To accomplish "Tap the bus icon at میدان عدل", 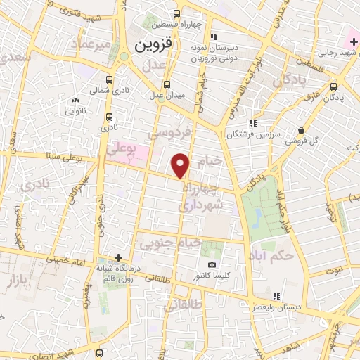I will pyautogui.click(x=166, y=84).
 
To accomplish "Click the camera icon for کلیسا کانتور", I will pyautogui.click(x=212, y=265).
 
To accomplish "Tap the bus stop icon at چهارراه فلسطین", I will pyautogui.click(x=176, y=13).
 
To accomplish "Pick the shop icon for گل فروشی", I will pyautogui.click(x=301, y=130).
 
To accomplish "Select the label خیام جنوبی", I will pyautogui.click(x=172, y=244).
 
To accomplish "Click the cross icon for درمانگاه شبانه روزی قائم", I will pyautogui.click(x=119, y=259).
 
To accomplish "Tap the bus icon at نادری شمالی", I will pyautogui.click(x=109, y=80).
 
